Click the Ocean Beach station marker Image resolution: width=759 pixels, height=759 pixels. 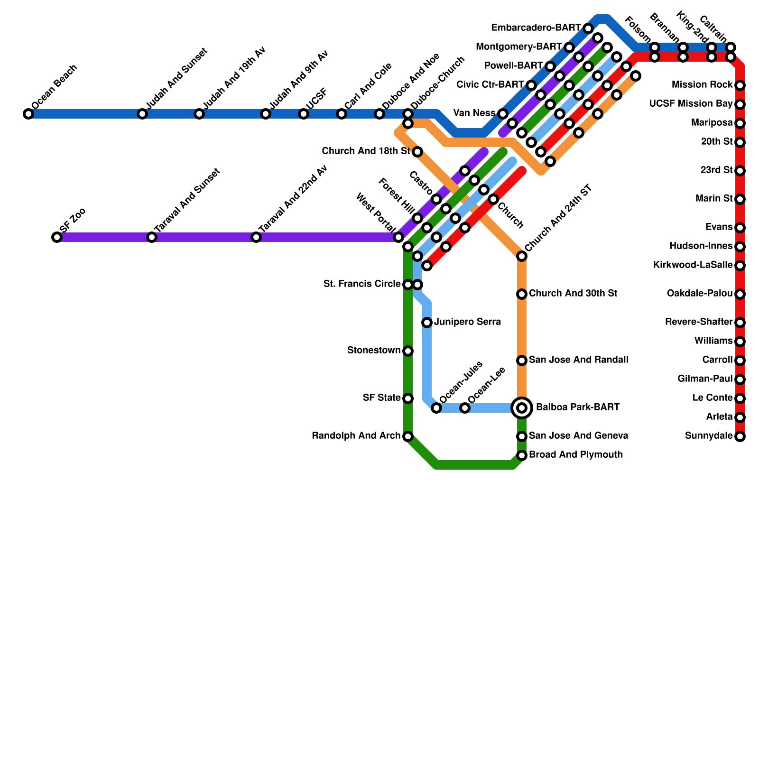(x=28, y=114)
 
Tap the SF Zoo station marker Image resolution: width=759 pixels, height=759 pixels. (x=57, y=237)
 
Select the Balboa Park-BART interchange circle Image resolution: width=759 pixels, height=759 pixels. (x=522, y=408)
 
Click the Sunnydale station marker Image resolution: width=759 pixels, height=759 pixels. (x=740, y=436)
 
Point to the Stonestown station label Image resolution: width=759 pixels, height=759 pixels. (x=374, y=351)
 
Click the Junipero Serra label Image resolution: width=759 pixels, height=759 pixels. (x=467, y=322)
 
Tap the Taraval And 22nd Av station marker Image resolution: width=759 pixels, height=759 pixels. (x=256, y=237)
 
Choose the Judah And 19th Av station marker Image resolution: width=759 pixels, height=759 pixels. (x=199, y=114)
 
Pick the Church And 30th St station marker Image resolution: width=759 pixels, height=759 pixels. (x=522, y=294)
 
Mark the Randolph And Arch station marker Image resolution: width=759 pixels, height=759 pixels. (x=408, y=436)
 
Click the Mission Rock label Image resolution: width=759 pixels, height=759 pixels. (x=703, y=85)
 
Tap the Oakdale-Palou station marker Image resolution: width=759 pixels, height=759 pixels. (x=740, y=294)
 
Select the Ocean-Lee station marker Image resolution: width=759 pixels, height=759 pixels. (x=465, y=408)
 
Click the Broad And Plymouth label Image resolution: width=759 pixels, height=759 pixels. (x=576, y=455)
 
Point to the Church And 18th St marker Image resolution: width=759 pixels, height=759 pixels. (x=417, y=152)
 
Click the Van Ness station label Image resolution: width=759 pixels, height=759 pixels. (x=474, y=113)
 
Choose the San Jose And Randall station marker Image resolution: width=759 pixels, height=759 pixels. (x=522, y=361)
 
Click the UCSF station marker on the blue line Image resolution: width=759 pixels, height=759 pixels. (x=304, y=114)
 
